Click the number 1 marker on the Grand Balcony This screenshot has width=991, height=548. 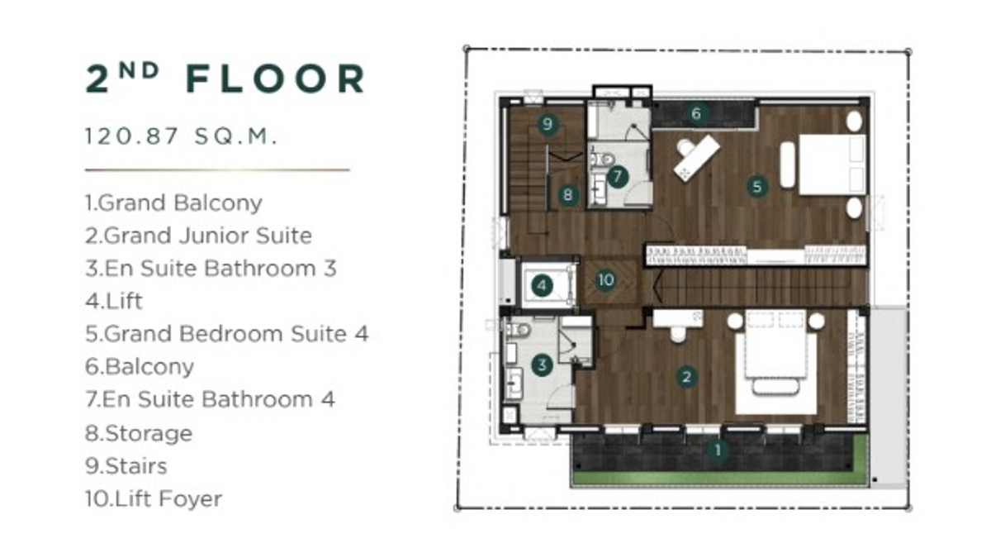pyautogui.click(x=717, y=450)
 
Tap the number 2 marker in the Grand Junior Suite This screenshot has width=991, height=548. pyautogui.click(x=686, y=377)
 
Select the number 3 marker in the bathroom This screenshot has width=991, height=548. pyautogui.click(x=542, y=365)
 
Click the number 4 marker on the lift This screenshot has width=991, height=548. pyautogui.click(x=542, y=285)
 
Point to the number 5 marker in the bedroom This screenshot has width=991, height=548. pyautogui.click(x=757, y=186)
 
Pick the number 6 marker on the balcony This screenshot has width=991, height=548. pyautogui.click(x=696, y=113)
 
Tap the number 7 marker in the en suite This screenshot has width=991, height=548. pyautogui.click(x=618, y=177)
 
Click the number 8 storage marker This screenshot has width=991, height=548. pyautogui.click(x=568, y=194)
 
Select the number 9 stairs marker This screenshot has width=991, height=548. pyautogui.click(x=548, y=124)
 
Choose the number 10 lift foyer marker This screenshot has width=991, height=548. pyautogui.click(x=605, y=279)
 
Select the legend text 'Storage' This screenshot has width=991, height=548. pyautogui.click(x=149, y=433)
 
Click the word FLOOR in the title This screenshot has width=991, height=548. pyautogui.click(x=276, y=79)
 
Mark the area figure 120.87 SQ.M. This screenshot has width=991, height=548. pyautogui.click(x=182, y=136)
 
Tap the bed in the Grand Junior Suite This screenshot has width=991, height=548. pyautogui.click(x=776, y=362)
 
